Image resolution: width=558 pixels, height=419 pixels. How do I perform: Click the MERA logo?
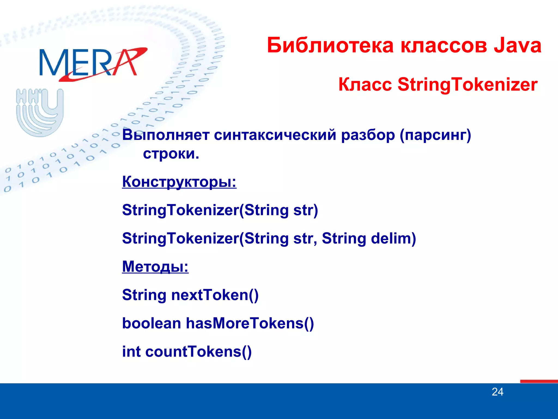pos(93,63)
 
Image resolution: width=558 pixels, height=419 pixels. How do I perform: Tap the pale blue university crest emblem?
pos(40,112)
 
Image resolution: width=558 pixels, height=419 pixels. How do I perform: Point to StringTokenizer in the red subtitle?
pos(468,84)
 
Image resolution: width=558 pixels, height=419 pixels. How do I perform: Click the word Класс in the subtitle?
pos(365,84)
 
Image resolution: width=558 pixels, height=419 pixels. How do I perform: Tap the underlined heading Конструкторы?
pos(179,182)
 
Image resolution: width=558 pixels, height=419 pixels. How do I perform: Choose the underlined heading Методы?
pos(155,267)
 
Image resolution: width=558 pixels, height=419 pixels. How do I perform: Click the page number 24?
pos(498,392)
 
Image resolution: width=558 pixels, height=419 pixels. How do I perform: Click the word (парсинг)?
pos(435,135)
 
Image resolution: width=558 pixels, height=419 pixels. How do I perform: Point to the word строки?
pos(171,154)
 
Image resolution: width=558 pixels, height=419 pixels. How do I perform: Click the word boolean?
pos(151,323)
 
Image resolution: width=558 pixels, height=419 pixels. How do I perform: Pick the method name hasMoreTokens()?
pos(250,323)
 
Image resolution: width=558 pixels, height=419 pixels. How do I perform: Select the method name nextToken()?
pos(215,295)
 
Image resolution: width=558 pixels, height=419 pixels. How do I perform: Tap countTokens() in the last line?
pos(198,351)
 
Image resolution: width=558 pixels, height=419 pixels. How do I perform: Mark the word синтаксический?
pos(275,135)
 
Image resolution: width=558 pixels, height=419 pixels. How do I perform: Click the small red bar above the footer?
pos(539,381)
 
